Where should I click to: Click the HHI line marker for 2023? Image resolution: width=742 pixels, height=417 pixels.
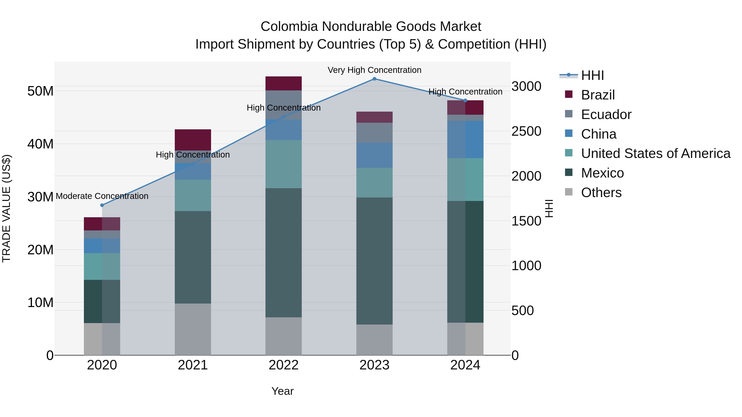point(374,79)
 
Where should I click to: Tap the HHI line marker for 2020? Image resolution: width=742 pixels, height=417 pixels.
point(102,205)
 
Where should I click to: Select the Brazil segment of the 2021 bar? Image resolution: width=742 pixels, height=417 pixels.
point(193,140)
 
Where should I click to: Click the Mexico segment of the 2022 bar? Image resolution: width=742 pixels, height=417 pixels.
point(283,253)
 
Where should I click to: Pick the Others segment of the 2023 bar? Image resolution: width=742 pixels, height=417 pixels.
point(374,340)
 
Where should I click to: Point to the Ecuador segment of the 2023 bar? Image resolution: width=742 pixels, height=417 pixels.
point(374,133)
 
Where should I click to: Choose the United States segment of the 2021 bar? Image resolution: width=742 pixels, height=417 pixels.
point(193,195)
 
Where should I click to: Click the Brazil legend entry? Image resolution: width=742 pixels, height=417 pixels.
point(598,95)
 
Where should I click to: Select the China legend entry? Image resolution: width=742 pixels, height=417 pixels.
point(598,134)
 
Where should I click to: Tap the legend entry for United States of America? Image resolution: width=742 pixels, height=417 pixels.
point(655,153)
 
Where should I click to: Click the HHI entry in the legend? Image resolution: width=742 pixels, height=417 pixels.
point(592,75)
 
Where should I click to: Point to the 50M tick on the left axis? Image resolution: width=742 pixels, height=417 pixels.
point(40,91)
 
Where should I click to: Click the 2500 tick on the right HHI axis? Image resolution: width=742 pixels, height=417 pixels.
point(526,131)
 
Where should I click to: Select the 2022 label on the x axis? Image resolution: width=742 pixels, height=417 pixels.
point(283,365)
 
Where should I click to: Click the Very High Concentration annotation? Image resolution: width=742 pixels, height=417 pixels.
point(374,70)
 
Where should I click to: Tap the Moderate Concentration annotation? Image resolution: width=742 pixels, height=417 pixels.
point(102,196)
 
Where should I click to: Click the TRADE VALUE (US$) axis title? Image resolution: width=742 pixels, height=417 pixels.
point(6,208)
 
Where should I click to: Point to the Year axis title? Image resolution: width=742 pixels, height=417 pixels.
point(282,391)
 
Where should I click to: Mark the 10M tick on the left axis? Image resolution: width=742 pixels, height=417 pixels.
point(40,303)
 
